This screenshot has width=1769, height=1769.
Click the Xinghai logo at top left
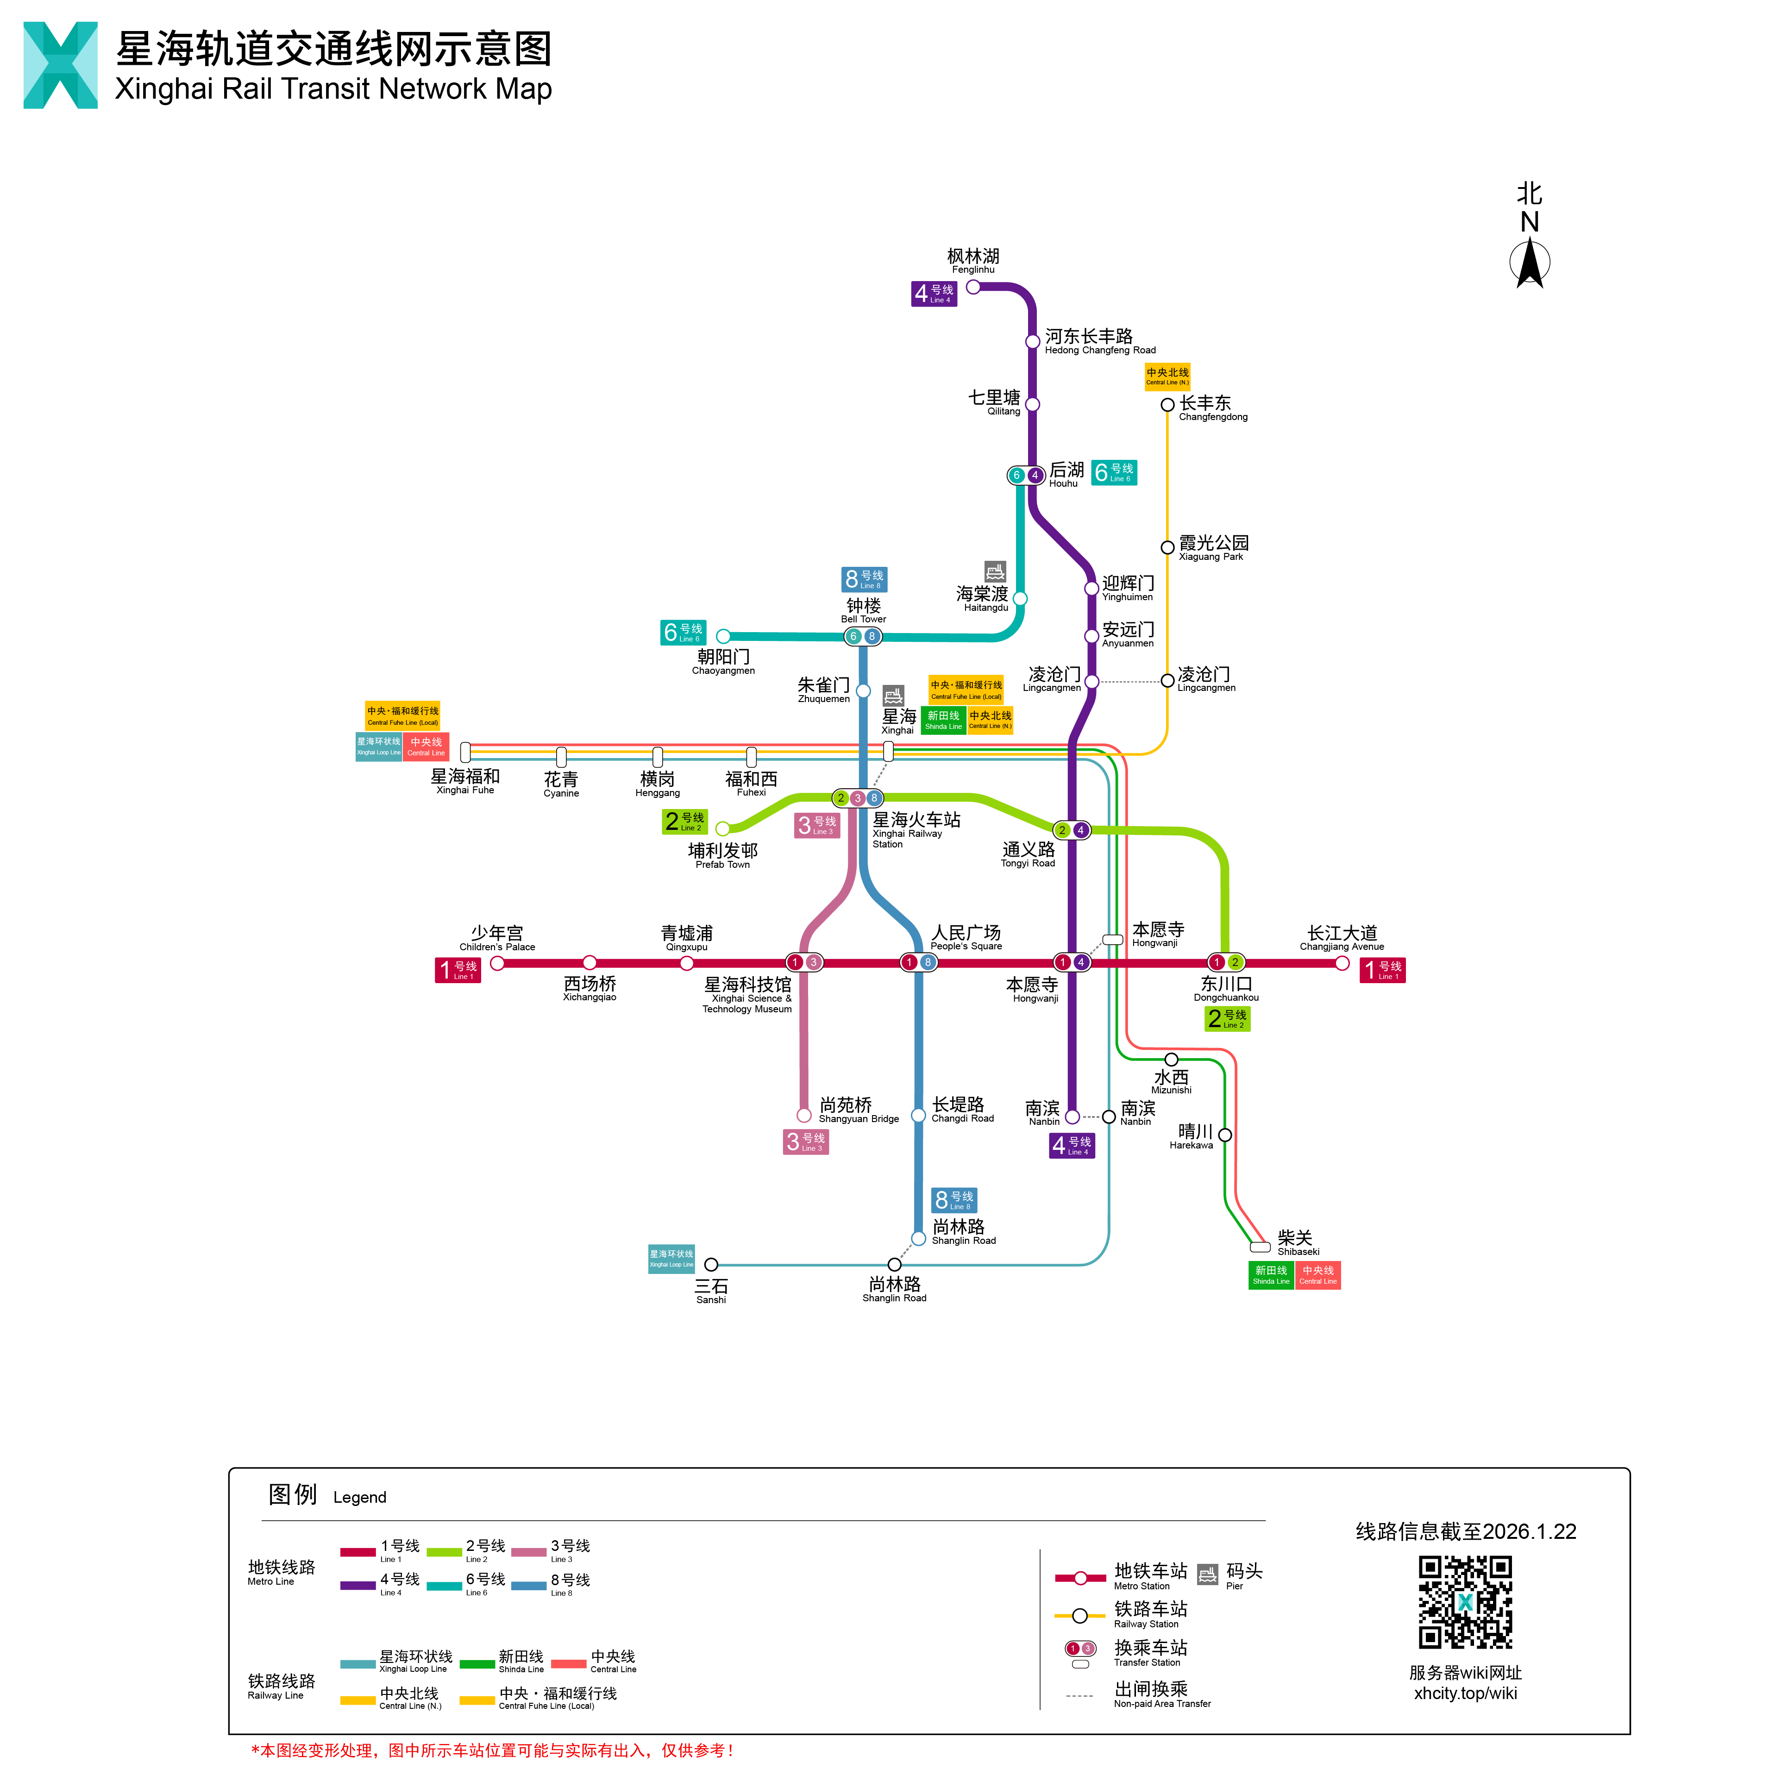coord(60,65)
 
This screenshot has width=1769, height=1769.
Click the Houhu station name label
coord(1066,474)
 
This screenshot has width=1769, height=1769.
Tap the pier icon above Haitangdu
coord(995,571)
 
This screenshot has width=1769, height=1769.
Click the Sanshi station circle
coord(711,1265)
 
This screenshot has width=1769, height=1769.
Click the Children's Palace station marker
coord(497,962)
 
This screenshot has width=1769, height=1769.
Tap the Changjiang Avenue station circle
coord(1342,962)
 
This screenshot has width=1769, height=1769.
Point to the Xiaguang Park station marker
coord(1167,547)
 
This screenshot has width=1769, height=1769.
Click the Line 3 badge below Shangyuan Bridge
coord(806,1142)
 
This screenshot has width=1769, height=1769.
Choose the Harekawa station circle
coord(1225,1135)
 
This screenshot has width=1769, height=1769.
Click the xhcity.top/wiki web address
coord(1465,1693)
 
